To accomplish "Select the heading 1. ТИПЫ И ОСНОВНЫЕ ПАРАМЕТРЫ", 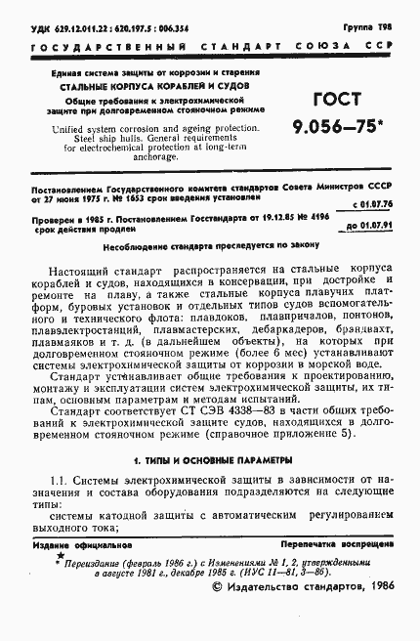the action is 210,459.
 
